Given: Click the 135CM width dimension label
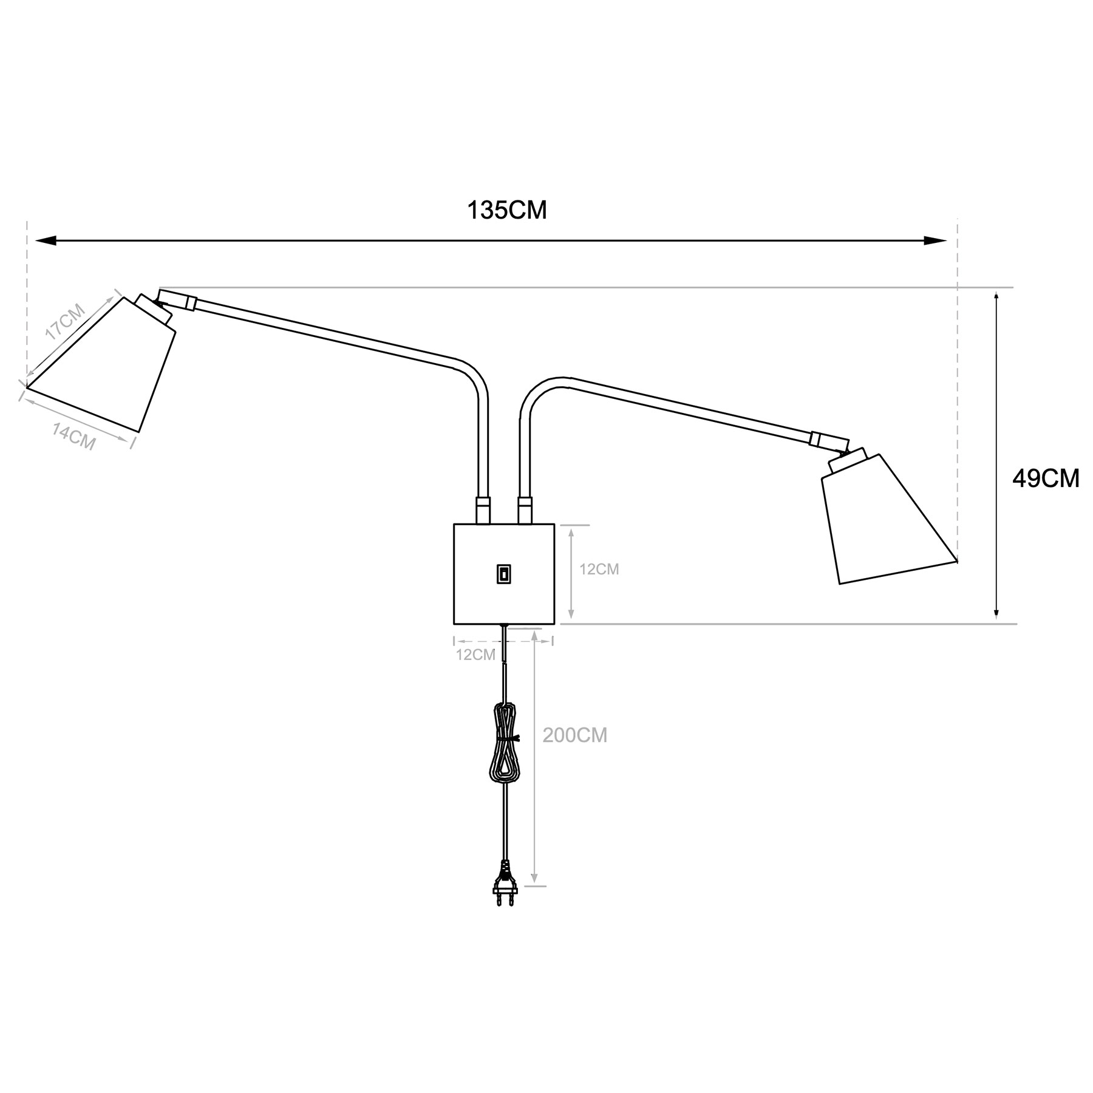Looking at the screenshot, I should [506, 210].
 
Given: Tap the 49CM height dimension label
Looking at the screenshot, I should [1046, 478].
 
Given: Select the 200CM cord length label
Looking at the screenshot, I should [574, 735].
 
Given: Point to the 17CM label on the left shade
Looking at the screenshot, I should [66, 321].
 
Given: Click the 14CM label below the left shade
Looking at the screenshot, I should [73, 437].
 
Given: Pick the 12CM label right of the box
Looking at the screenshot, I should [599, 569].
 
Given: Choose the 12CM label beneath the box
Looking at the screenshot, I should [475, 655].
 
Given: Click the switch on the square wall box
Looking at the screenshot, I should [503, 574].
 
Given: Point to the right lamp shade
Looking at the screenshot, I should [884, 522].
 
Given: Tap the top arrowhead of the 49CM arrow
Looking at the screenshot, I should [996, 298].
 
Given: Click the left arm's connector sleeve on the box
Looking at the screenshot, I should [482, 509].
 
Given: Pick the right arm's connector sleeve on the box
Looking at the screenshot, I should [524, 509].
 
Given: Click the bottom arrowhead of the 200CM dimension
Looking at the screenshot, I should [534, 878].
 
